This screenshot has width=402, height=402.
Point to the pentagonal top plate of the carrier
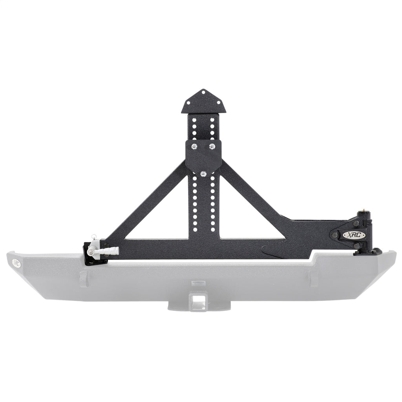[203, 103]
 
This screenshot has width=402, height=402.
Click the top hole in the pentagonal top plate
[203, 93]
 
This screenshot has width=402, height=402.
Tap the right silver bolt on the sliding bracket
[212, 146]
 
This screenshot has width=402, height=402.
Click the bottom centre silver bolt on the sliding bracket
[203, 173]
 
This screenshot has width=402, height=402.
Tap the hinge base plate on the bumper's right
[367, 252]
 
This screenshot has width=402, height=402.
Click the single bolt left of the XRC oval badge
[335, 235]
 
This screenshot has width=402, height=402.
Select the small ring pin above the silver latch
[93, 237]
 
